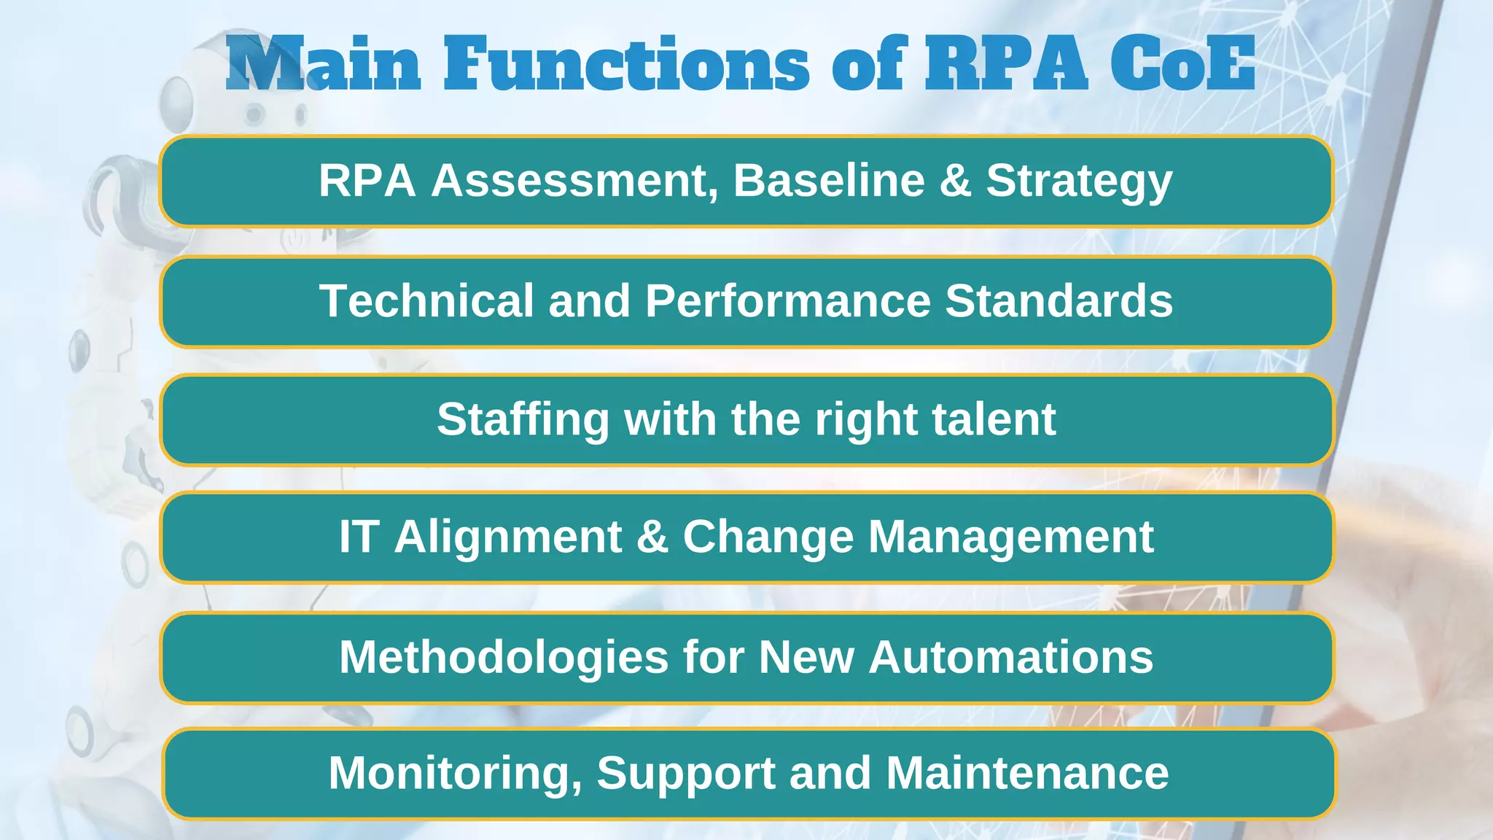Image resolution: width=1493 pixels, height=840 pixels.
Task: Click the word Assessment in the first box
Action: pos(574,180)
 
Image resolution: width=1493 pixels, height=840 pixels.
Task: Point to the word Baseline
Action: pos(829,180)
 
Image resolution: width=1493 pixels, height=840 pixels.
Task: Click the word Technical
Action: pos(426,300)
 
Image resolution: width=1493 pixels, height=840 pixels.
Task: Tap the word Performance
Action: pos(788,300)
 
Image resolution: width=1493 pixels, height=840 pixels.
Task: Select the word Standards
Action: pos(1059,300)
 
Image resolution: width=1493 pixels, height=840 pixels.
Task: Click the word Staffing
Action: pos(523,420)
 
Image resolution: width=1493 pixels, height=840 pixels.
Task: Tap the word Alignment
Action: pos(508,538)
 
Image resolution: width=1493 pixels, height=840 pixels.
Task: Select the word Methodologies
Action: pos(504,657)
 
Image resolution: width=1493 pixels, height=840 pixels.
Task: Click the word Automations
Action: pos(1011,657)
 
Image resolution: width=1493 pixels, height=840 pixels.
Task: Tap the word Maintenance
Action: pos(1027,772)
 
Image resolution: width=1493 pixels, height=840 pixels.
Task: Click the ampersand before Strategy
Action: pos(955,180)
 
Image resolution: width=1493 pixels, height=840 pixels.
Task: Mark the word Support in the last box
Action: pos(686,774)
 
